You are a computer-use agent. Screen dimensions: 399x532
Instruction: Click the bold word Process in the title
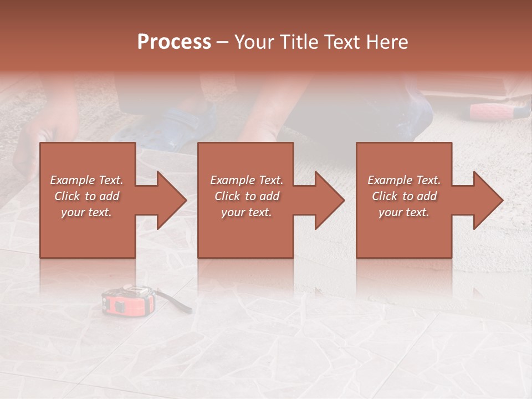(174, 42)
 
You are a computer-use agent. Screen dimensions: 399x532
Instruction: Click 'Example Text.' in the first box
(87, 180)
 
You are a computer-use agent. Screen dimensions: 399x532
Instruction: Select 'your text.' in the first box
(87, 212)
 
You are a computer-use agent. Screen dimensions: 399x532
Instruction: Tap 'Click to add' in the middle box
(247, 196)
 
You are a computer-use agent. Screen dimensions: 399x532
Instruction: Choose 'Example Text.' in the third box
(404, 180)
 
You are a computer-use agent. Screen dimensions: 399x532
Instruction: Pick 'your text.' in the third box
(404, 212)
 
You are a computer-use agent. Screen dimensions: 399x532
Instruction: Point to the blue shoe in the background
(166, 125)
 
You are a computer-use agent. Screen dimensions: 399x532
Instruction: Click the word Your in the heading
(253, 42)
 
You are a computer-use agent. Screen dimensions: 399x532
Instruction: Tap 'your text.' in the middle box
(247, 212)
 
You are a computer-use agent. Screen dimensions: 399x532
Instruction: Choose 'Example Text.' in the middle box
(247, 180)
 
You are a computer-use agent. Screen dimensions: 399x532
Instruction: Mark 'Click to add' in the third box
(404, 196)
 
